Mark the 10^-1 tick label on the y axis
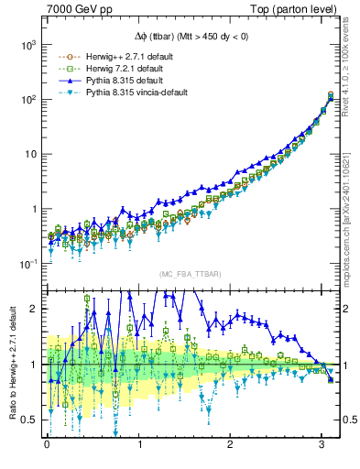[x=26, y=264]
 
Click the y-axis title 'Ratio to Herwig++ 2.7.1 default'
[x=11, y=366]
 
